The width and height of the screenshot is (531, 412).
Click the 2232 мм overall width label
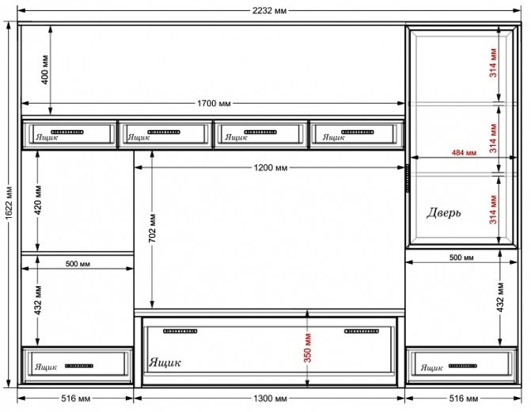point(269,10)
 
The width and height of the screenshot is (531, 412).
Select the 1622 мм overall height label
point(9,202)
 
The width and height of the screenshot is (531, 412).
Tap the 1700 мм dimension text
point(214,103)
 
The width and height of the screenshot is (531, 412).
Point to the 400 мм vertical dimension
point(45,70)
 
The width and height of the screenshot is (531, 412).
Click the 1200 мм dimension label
point(270,167)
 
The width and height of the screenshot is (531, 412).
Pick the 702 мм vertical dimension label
point(153,228)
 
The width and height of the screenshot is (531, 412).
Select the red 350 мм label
point(308,348)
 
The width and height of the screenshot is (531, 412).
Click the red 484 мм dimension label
point(464,153)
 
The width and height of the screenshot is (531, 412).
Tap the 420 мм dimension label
point(38,200)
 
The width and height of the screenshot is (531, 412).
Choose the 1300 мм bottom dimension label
point(270,399)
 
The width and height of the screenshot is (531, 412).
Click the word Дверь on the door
point(444,212)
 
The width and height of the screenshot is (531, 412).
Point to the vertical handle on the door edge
point(408,177)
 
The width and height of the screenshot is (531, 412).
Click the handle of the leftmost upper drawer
point(67,132)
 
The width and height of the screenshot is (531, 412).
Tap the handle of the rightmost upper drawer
point(357,132)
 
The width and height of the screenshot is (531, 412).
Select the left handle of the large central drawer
point(180,331)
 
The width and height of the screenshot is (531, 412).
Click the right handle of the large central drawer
point(362,331)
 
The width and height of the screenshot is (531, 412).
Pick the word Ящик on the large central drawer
point(165,362)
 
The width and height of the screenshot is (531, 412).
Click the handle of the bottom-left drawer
point(79,366)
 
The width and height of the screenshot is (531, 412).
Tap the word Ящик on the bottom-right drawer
point(431,368)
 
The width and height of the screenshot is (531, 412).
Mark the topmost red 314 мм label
point(493,63)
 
